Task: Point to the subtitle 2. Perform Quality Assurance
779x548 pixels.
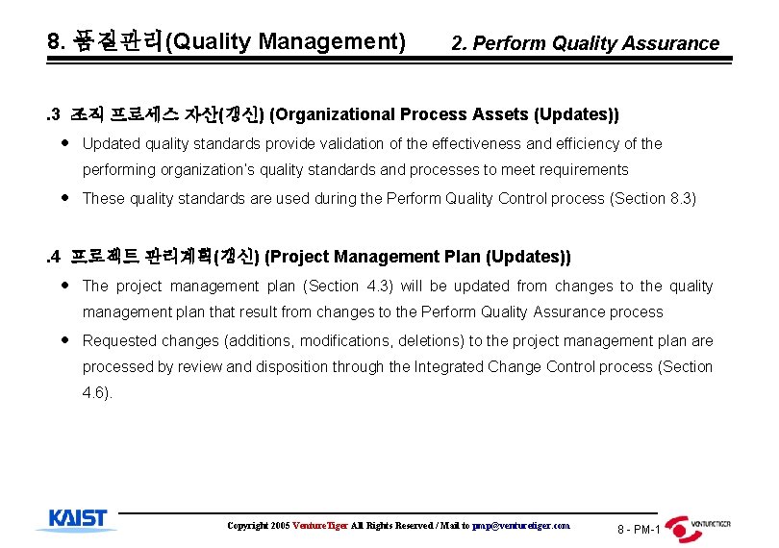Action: tap(585, 43)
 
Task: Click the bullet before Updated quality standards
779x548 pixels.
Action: tap(63, 143)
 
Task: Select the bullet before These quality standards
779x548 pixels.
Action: tap(63, 198)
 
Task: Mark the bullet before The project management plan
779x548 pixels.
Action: tap(63, 286)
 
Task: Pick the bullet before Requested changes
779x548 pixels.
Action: tap(63, 340)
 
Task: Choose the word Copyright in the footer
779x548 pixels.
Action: tap(248, 526)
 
